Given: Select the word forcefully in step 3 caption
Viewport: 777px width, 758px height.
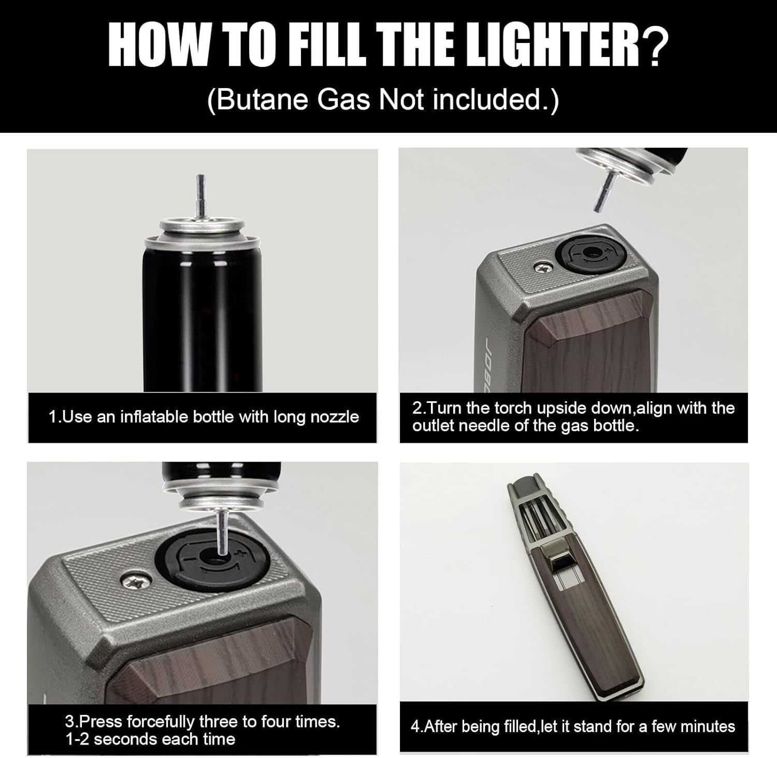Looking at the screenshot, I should coord(163,721).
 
